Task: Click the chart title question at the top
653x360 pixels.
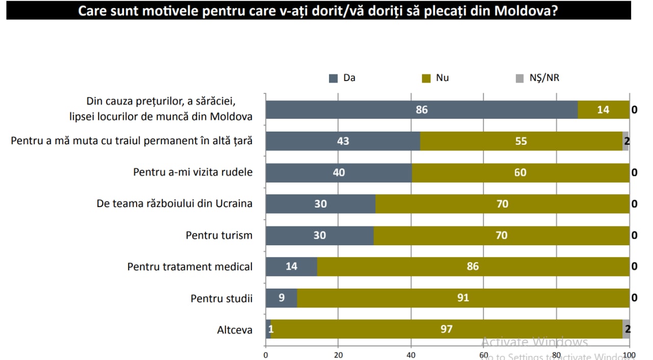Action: tap(318, 11)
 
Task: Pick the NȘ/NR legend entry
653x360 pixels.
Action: tap(538, 78)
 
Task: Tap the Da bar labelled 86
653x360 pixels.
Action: tap(421, 110)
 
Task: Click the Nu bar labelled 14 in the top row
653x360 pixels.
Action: tap(603, 110)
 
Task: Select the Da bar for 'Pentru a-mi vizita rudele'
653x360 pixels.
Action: tap(339, 172)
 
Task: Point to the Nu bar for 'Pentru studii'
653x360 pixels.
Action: tap(463, 298)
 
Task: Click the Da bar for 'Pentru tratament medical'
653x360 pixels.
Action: tap(291, 266)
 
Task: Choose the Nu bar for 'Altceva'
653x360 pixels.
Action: tap(446, 329)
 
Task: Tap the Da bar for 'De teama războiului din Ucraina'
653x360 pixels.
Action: tap(320, 204)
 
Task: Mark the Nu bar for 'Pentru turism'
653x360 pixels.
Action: tap(501, 235)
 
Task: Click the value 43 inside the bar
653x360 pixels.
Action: tap(343, 141)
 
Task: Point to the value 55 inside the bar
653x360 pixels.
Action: tap(521, 141)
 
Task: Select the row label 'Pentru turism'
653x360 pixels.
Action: tap(219, 236)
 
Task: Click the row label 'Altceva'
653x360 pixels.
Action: tap(235, 330)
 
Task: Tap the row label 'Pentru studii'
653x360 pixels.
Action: tap(221, 298)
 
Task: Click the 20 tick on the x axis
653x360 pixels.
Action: tap(338, 355)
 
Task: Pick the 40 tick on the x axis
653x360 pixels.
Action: tap(411, 355)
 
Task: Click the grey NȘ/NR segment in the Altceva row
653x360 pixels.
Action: tap(626, 329)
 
